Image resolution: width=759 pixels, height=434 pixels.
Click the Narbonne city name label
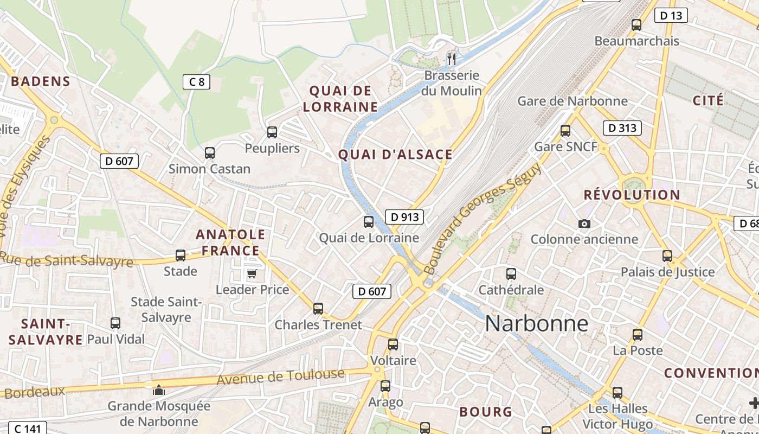(536, 323)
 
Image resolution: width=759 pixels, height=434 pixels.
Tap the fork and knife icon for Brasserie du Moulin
(452, 58)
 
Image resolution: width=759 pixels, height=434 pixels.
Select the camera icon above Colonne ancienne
(584, 224)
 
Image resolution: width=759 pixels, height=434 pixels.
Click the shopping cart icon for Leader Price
(252, 273)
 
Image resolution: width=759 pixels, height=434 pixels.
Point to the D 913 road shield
(404, 217)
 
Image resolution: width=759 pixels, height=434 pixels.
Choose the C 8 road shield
(196, 82)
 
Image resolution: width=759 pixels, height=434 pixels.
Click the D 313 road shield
(622, 128)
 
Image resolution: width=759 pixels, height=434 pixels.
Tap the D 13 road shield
(671, 15)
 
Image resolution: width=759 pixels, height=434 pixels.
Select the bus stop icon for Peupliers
(272, 132)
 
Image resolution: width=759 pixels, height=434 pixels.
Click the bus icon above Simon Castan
(210, 153)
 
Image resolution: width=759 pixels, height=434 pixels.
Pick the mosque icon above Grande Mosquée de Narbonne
(158, 390)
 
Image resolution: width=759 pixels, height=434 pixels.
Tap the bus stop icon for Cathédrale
(511, 274)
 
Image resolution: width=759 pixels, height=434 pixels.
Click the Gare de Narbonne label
(573, 101)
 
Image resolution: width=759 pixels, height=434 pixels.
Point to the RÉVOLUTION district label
(632, 195)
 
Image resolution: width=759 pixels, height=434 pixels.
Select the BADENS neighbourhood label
(41, 81)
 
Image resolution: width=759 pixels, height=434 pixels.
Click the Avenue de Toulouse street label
(280, 376)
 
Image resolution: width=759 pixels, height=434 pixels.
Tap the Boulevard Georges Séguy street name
(482, 217)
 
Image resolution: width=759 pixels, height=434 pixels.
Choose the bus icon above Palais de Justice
(667, 256)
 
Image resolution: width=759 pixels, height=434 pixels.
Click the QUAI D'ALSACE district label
(395, 155)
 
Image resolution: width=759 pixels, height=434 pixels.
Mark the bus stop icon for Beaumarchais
(636, 25)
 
